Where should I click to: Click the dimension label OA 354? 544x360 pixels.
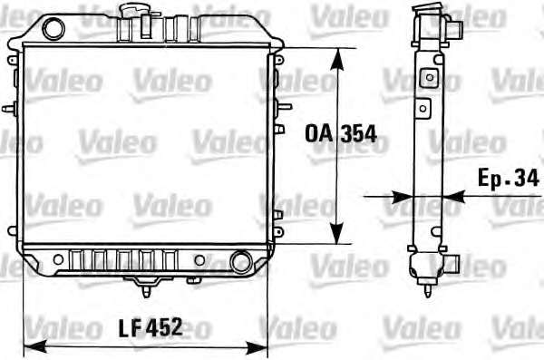(x=341, y=134)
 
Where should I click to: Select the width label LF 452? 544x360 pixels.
(x=150, y=327)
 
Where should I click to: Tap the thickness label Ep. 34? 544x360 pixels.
(x=508, y=178)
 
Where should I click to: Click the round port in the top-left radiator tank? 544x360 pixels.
(x=53, y=28)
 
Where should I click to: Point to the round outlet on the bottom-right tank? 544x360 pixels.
(x=241, y=262)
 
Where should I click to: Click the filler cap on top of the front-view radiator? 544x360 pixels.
(x=134, y=8)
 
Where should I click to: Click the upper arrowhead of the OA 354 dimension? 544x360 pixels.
(x=337, y=59)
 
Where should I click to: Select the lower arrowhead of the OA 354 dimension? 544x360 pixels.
(x=336, y=233)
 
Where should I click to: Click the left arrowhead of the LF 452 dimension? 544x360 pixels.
(x=35, y=346)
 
